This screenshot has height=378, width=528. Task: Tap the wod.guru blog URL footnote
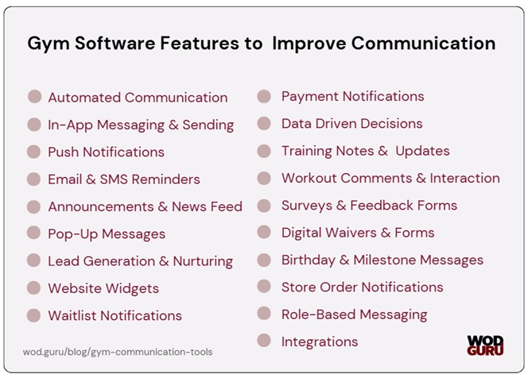tap(118, 351)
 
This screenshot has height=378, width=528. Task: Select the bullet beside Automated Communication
tap(34, 97)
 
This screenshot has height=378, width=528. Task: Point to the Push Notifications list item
tap(106, 152)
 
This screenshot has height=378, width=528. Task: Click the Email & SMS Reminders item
tap(123, 179)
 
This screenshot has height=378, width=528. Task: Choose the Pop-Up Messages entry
tap(107, 233)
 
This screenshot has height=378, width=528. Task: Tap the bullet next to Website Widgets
tap(34, 288)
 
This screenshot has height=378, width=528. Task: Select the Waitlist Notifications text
tap(115, 315)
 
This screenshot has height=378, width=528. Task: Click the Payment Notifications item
tap(352, 96)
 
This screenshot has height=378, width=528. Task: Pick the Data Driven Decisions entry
tap(351, 123)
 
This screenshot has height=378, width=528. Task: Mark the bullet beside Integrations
tap(265, 341)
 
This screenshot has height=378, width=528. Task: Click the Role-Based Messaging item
tap(354, 314)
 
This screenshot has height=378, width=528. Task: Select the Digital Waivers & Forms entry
tap(358, 233)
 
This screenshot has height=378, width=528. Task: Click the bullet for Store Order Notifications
tap(265, 287)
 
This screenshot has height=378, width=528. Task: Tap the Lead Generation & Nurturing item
tap(140, 260)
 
